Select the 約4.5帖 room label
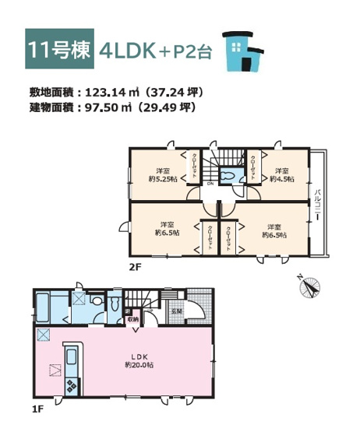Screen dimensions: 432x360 (281, 175)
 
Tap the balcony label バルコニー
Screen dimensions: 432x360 (319, 204)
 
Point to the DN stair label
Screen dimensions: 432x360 (211, 184)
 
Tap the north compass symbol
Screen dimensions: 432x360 (310, 287)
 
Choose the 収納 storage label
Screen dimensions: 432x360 (133, 319)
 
